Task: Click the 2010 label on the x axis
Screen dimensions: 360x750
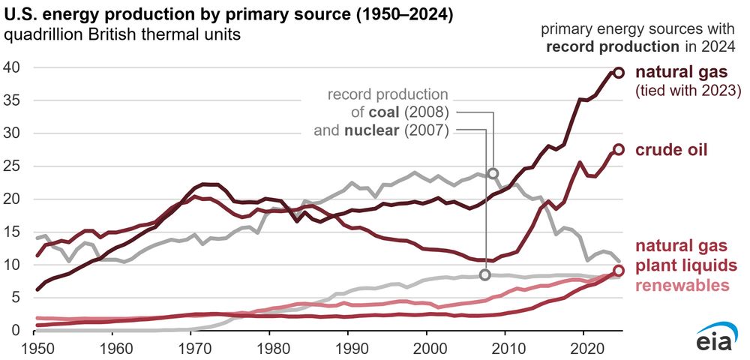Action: click(x=505, y=349)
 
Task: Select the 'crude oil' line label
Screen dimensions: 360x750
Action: click(x=671, y=150)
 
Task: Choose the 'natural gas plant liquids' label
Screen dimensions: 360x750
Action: click(x=685, y=256)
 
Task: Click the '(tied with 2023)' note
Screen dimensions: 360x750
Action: click(x=688, y=91)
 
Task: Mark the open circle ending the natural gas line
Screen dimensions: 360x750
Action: click(x=619, y=72)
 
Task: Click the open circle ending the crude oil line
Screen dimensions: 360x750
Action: click(x=619, y=149)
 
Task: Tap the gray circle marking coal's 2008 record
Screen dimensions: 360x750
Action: click(x=493, y=173)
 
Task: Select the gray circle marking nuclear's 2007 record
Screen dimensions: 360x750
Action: click(x=485, y=274)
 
